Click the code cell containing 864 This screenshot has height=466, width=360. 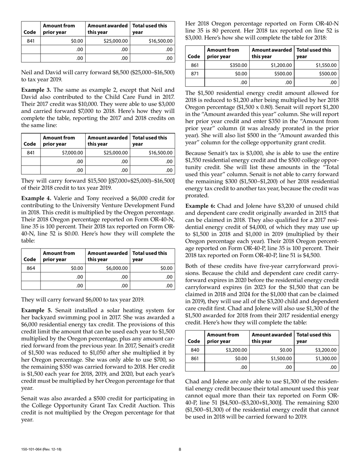pyautogui.click(x=31, y=268)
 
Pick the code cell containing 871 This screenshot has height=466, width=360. pyautogui.click(x=194, y=74)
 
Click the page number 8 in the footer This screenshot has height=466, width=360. pyautogui.click(x=180, y=449)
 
